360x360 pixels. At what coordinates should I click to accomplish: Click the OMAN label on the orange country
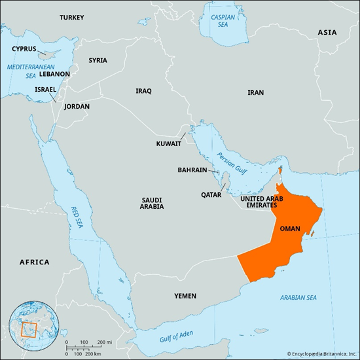coord(290,228)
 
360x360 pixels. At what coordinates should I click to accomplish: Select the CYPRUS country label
coord(25,48)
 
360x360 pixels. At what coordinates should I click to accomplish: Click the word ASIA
coord(327,31)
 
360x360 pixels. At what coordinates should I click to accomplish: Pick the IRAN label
coord(256,93)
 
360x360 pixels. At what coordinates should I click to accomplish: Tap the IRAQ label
coord(143,91)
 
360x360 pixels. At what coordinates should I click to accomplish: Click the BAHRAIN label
coord(192,170)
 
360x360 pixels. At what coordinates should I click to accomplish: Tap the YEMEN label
coord(185,296)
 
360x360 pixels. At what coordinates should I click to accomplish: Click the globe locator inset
coord(29,325)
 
